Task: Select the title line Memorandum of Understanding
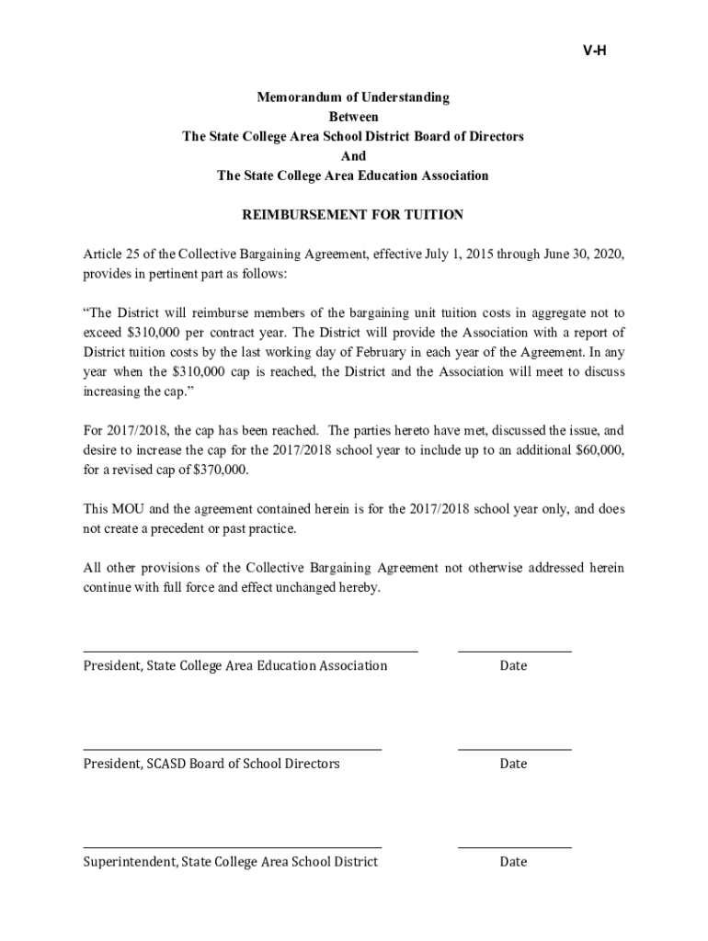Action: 353,97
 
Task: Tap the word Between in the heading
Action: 353,117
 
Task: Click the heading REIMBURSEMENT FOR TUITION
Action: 352,215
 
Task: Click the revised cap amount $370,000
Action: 219,470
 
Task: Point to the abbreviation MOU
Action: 129,509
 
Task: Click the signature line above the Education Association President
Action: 250,652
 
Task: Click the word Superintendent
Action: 129,862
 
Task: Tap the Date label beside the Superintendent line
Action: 513,862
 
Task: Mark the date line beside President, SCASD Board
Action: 514,750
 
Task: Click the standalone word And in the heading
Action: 353,156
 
